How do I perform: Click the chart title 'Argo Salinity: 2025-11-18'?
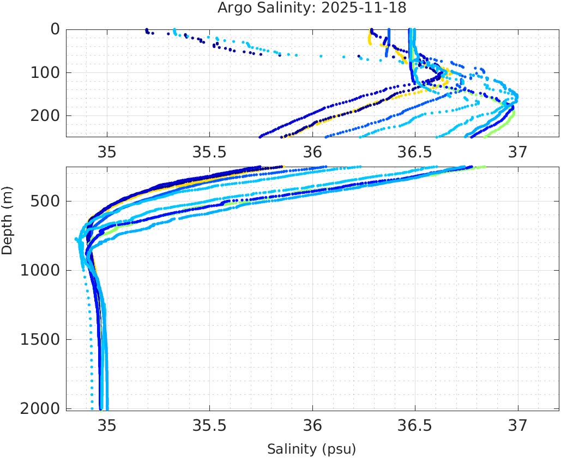coord(312,8)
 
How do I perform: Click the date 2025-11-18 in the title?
coord(373,8)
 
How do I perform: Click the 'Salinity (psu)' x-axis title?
coord(311,449)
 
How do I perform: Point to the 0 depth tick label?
coord(55,29)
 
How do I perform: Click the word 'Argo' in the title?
coord(234,8)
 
